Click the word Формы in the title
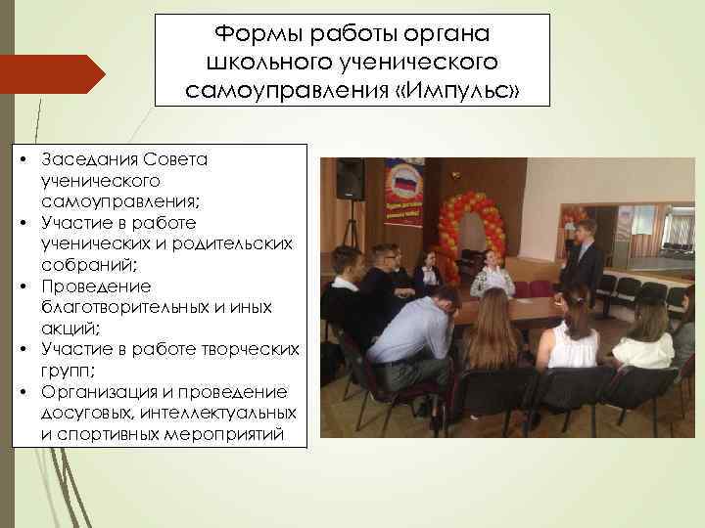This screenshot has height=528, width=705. [254, 34]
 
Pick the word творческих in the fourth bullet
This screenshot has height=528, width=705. [251, 349]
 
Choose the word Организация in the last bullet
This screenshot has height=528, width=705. [98, 391]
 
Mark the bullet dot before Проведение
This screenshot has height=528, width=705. [21, 286]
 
